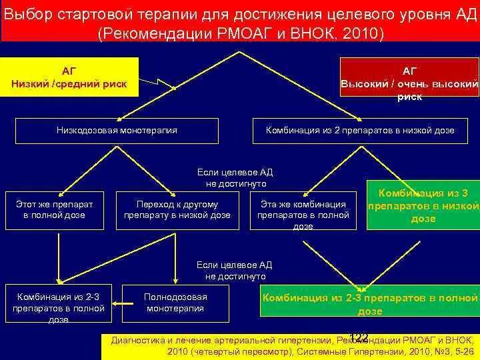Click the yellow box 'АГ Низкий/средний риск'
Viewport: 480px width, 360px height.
pyautogui.click(x=69, y=77)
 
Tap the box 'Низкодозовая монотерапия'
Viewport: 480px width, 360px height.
pyautogui.click(x=117, y=131)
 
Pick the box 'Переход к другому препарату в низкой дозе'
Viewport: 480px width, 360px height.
pyautogui.click(x=177, y=209)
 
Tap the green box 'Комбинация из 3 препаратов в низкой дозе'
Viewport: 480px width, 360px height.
pyautogui.click(x=423, y=205)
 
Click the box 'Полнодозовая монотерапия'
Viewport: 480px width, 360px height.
pyautogui.click(x=175, y=303)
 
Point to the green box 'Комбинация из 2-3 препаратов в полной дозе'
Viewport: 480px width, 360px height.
pyautogui.click(x=369, y=304)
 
